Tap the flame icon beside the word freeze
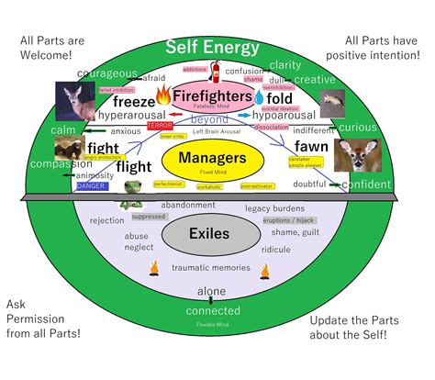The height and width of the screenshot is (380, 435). tap(163, 94)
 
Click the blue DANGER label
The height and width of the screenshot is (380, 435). tap(91, 185)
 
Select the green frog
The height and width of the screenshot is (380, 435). tap(134, 191)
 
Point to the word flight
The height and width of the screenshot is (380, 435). tap(134, 168)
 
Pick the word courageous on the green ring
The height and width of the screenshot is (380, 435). tap(107, 73)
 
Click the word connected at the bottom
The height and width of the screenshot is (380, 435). tap(212, 310)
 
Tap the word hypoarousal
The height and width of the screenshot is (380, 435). tap(284, 116)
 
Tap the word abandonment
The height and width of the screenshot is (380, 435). tap(188, 206)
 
